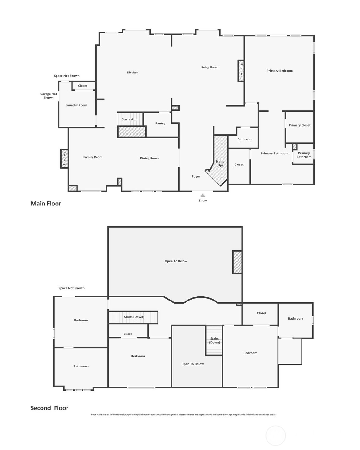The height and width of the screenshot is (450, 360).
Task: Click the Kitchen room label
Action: point(132,73)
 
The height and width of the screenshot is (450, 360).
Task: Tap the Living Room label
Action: point(209,67)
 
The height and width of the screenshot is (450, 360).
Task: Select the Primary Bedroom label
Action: point(279,71)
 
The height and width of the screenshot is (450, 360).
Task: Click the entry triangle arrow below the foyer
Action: point(202,195)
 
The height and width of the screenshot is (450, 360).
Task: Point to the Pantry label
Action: point(160,124)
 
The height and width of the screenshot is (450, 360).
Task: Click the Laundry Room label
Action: point(76,105)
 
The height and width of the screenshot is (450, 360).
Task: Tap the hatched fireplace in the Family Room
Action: point(64,158)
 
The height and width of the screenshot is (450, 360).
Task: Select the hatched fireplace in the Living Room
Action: point(241,71)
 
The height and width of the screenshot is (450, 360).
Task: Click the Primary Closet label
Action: point(299,125)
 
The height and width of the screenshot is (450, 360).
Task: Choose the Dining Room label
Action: point(149,158)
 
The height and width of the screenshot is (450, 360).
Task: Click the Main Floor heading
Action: point(46,204)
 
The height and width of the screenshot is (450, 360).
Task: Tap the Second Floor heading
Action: point(49,408)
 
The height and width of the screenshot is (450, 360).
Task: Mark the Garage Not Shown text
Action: point(48,96)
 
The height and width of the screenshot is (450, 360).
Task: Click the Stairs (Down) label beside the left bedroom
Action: point(134,317)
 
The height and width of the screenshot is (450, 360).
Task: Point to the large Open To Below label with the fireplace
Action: point(176,261)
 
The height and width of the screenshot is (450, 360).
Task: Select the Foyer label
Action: point(196,177)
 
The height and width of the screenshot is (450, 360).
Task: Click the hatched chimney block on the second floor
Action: point(237,262)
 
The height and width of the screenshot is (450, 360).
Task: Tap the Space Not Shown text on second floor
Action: point(72,288)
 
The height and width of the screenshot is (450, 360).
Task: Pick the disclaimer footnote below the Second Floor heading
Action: point(183,415)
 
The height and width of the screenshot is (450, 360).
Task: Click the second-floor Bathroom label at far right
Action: point(295,319)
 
